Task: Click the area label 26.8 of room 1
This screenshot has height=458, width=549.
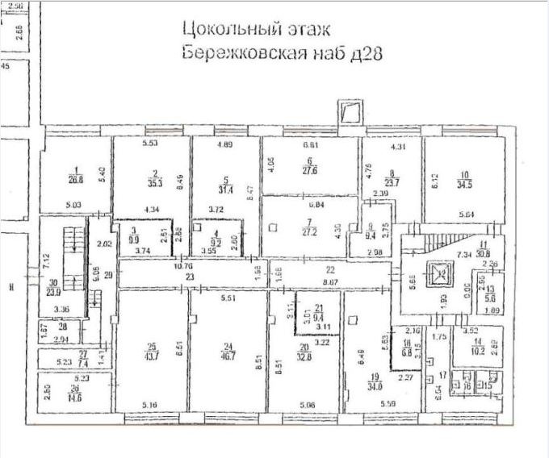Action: click(78, 180)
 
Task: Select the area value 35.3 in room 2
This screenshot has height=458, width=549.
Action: click(154, 182)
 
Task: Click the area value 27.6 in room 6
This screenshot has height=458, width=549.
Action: click(311, 171)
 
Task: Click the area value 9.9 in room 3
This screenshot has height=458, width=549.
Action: click(133, 239)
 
